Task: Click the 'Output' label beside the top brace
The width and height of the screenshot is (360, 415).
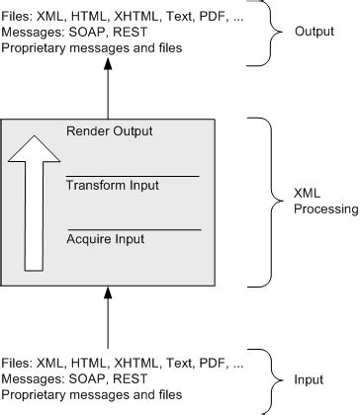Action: click(x=314, y=31)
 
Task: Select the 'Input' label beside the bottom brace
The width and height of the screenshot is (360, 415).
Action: click(x=310, y=378)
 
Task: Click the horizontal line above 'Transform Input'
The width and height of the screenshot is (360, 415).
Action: click(x=133, y=176)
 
